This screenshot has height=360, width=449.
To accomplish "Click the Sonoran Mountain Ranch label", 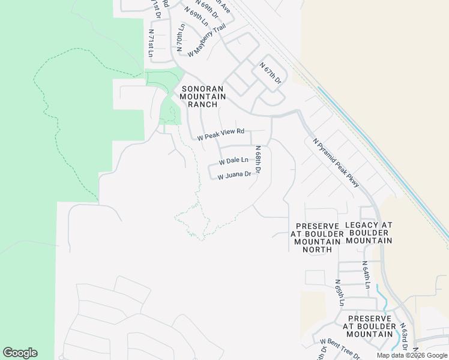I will click(202, 96).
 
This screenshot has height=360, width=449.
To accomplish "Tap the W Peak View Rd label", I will click(221, 134).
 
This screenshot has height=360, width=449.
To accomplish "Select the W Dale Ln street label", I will click(234, 161).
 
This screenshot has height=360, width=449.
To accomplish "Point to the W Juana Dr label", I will click(234, 176).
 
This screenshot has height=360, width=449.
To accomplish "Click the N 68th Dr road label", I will click(258, 160).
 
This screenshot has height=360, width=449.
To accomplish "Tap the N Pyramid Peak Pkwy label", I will click(336, 163).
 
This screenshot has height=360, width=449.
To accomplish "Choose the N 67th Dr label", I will click(270, 72).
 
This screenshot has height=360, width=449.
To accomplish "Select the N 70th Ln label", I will click(180, 36).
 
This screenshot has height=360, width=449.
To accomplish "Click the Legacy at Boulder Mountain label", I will click(369, 233).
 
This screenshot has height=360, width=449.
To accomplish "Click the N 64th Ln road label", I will click(365, 274).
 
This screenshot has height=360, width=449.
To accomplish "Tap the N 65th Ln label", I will click(339, 292).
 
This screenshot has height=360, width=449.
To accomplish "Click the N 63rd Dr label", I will click(405, 339).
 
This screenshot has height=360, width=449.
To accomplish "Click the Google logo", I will click(20, 353).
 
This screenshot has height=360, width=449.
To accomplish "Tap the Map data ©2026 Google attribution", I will click(412, 355).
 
